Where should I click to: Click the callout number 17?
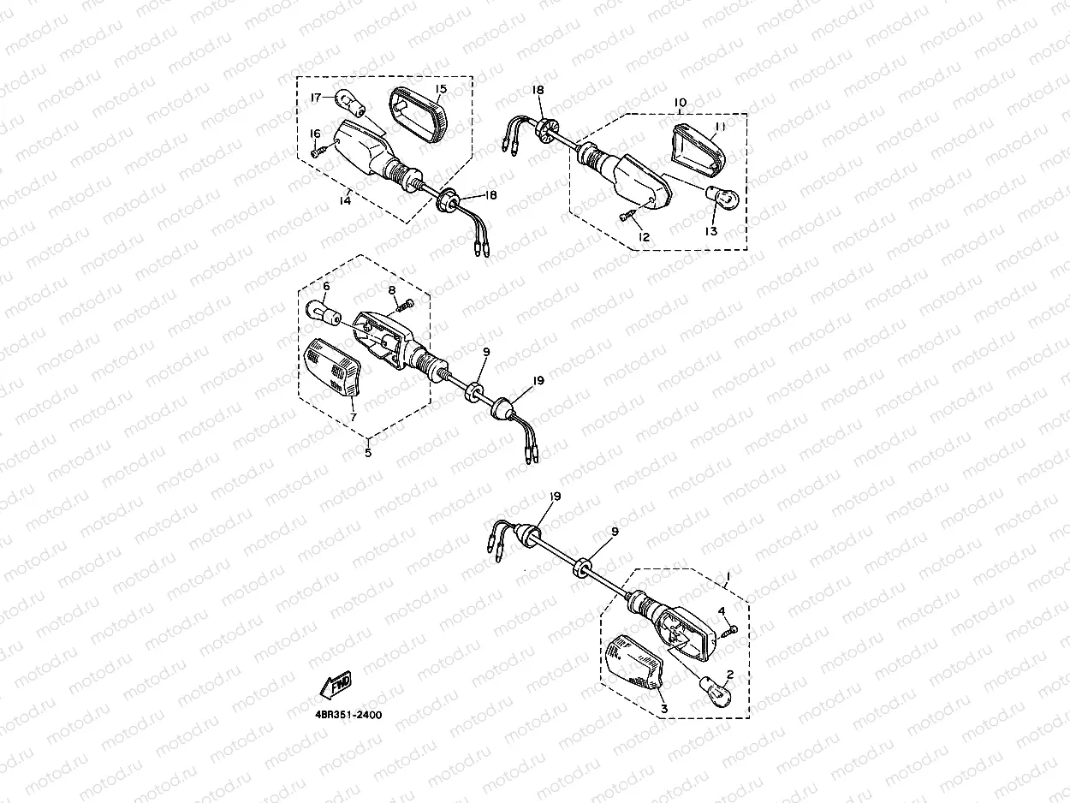point(316,98)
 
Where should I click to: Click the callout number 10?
point(680,103)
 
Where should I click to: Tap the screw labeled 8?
point(403,305)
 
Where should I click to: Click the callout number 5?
point(368,453)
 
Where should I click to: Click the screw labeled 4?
point(730,630)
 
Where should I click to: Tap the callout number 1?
point(728,575)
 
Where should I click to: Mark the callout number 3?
point(663,709)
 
